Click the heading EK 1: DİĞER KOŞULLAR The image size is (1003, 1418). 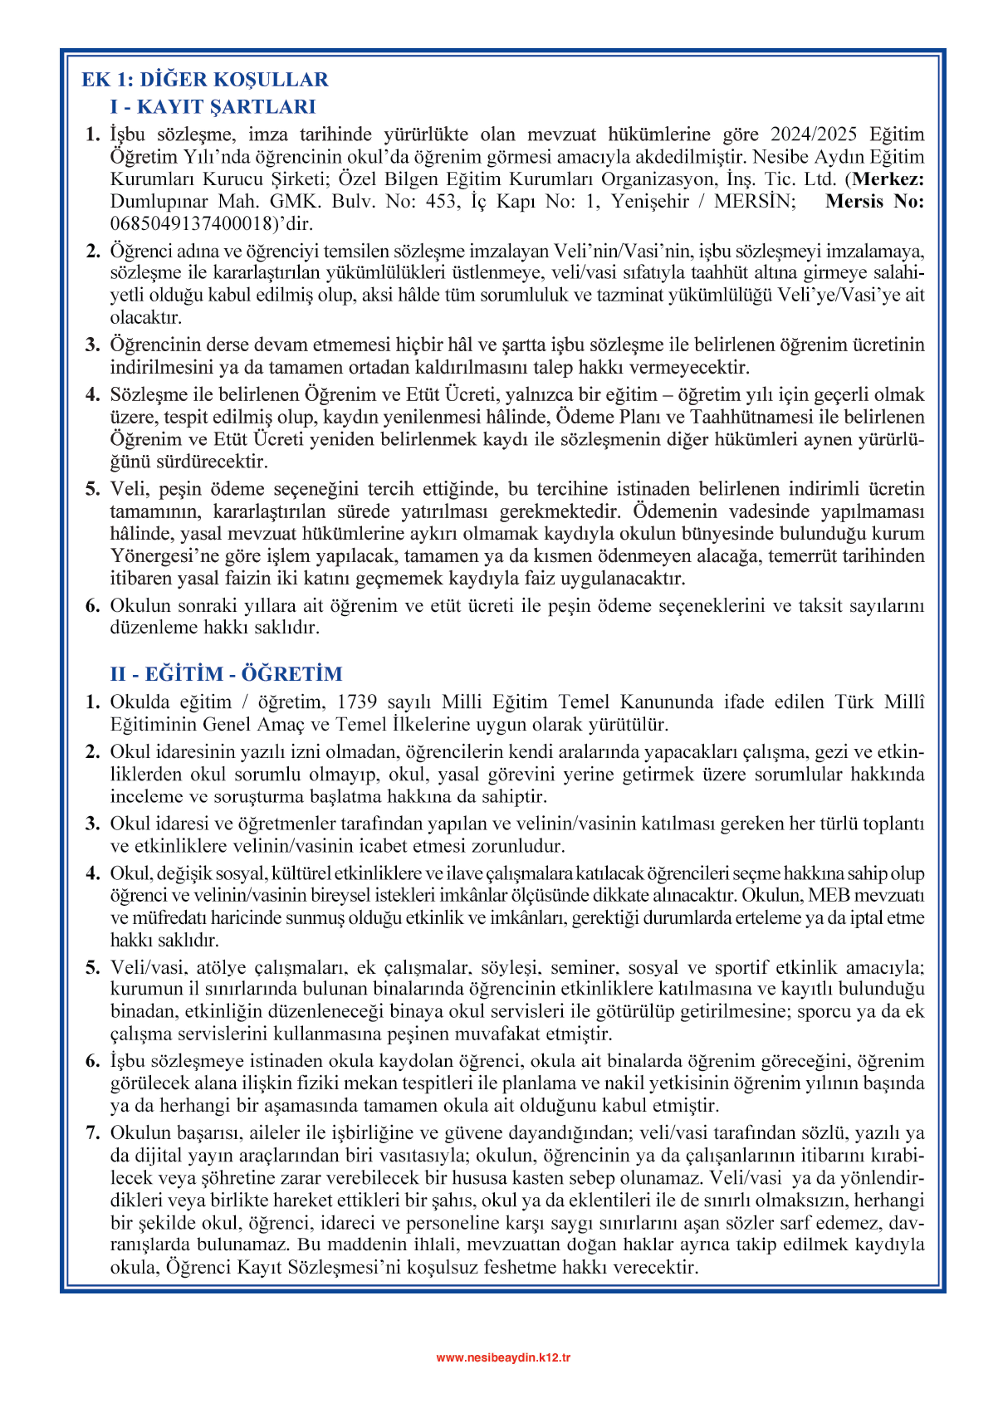point(205,80)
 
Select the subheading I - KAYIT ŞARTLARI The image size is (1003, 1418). point(213,106)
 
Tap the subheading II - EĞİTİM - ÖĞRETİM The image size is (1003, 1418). point(226,673)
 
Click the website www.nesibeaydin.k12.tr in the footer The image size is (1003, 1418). point(503,1357)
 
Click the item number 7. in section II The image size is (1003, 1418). point(93,1133)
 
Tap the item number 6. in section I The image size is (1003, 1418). point(93,605)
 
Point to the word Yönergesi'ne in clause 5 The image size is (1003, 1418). point(161,555)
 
